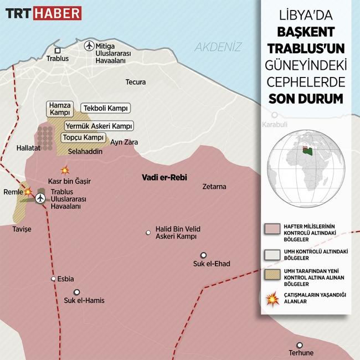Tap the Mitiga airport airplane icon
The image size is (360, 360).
click(x=89, y=46)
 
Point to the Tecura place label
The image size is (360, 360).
click(x=136, y=82)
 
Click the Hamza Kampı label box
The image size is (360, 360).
click(x=60, y=109)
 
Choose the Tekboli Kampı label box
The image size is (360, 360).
click(x=106, y=108)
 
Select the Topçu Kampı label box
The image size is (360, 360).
click(x=84, y=137)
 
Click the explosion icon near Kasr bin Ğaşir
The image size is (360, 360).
click(x=65, y=170)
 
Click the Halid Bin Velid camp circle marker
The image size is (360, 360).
click(x=148, y=233)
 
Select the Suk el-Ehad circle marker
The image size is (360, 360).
click(x=203, y=255)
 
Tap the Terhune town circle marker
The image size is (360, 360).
click(x=300, y=344)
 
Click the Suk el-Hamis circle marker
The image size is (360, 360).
click(x=77, y=292)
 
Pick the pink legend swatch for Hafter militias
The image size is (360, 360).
click(x=272, y=229)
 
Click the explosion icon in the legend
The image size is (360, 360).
click(x=272, y=300)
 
